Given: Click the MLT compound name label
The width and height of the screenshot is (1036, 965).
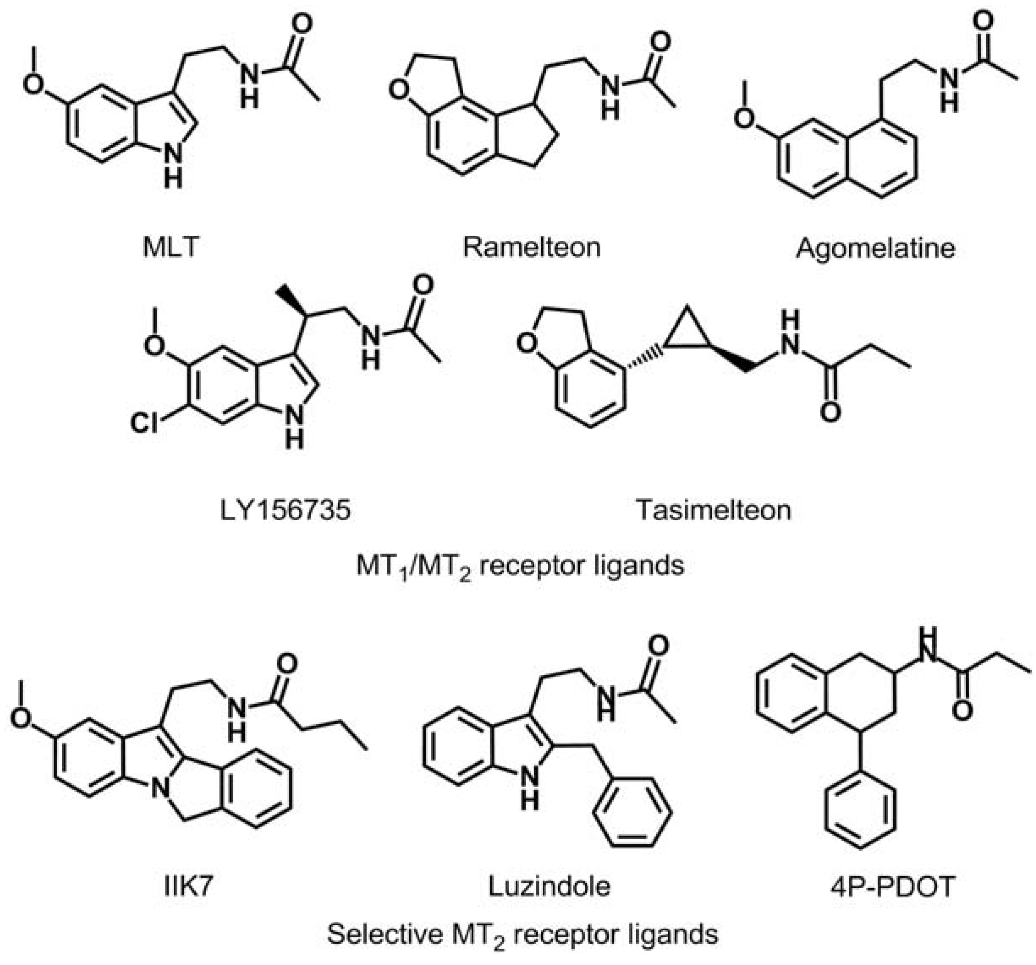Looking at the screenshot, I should [x=171, y=246].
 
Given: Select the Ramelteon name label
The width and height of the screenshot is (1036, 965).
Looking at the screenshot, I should [x=532, y=246].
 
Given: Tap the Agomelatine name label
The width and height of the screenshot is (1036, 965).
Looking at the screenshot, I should [x=875, y=248].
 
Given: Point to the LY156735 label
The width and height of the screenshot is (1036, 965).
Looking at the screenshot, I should [x=285, y=510].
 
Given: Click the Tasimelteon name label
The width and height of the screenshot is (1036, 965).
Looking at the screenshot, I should [x=713, y=510].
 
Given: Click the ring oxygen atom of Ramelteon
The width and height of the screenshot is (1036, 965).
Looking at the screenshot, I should [x=399, y=90].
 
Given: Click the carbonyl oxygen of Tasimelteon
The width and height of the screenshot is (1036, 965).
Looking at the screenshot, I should [x=830, y=412].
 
